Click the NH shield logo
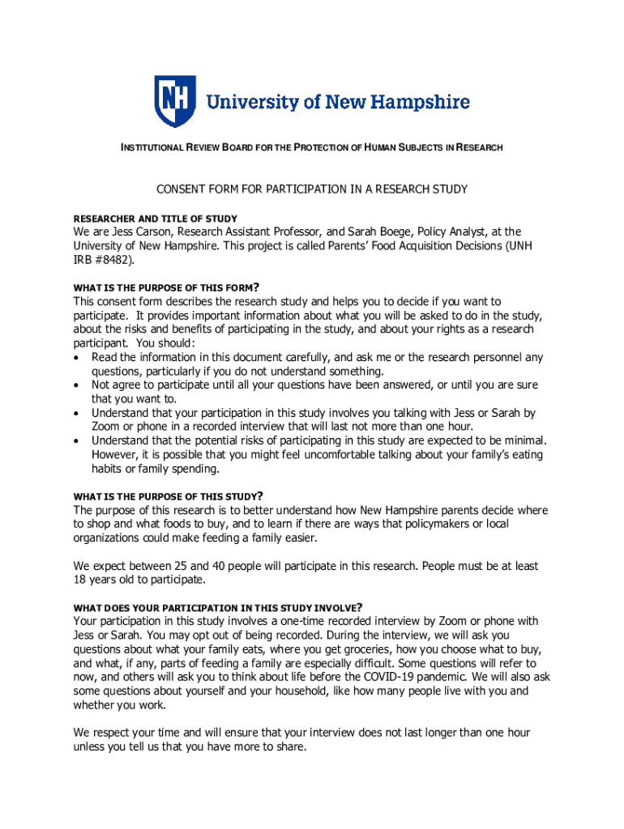tap(174, 101)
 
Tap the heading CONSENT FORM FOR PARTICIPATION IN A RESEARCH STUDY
tap(311, 190)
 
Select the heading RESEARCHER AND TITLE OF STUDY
tap(156, 219)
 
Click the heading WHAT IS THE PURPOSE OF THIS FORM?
tap(166, 287)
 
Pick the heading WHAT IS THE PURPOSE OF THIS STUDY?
tap(169, 495)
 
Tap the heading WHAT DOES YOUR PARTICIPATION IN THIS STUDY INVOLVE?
tap(217, 607)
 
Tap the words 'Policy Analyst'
tap(441, 232)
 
